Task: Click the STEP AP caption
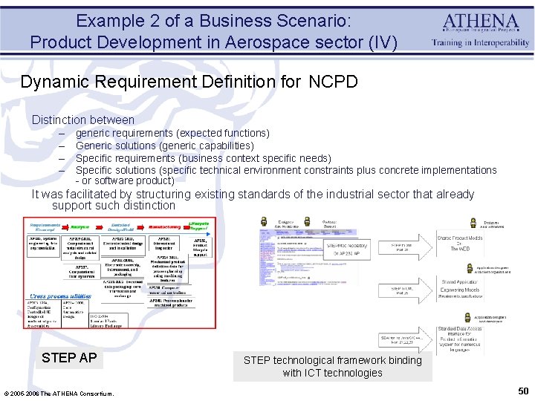click(x=69, y=358)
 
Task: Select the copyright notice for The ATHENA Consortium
click(x=59, y=393)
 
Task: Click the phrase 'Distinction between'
click(x=83, y=120)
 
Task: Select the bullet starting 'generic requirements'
click(x=172, y=133)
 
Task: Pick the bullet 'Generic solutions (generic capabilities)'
click(x=164, y=146)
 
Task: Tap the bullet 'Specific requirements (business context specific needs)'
click(x=204, y=158)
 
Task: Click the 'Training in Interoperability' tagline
click(x=481, y=43)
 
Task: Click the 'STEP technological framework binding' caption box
click(x=332, y=366)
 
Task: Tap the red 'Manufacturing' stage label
click(x=167, y=226)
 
